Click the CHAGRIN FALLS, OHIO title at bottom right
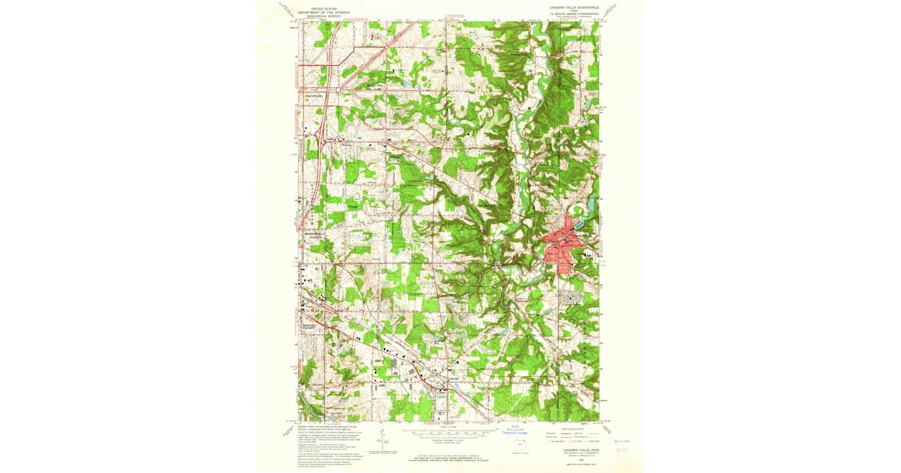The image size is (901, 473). coord(570,450)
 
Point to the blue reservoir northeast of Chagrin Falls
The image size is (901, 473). coord(589,201)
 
